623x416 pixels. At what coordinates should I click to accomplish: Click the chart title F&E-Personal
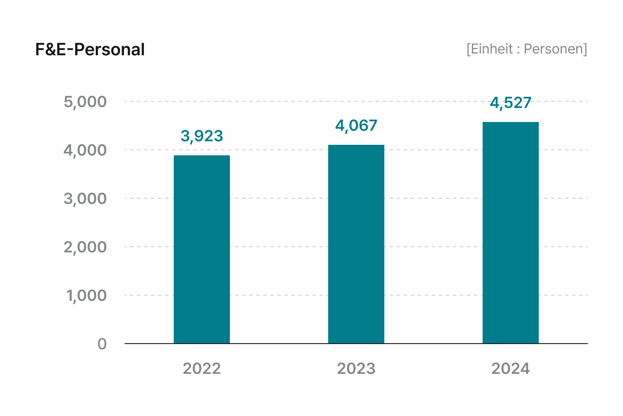click(90, 49)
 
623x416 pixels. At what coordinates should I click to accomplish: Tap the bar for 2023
click(356, 244)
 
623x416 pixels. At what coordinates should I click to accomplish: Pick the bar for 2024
click(510, 233)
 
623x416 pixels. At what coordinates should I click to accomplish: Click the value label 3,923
click(202, 136)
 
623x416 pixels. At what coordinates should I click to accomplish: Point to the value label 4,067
click(356, 126)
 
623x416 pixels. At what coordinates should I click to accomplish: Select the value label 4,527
click(510, 103)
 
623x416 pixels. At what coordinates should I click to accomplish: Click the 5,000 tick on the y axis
click(85, 102)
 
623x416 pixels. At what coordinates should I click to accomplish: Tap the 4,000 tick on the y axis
click(85, 150)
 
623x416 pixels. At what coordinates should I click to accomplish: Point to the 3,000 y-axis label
click(85, 199)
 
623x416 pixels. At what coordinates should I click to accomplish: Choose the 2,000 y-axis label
click(85, 247)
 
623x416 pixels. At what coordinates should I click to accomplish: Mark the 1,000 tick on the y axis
click(86, 296)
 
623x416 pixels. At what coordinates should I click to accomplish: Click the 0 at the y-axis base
click(102, 344)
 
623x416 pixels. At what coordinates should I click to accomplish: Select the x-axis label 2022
click(202, 369)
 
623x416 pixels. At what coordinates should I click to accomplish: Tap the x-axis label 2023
click(356, 369)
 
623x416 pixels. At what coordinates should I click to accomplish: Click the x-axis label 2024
click(510, 369)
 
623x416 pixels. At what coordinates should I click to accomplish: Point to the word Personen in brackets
click(553, 49)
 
